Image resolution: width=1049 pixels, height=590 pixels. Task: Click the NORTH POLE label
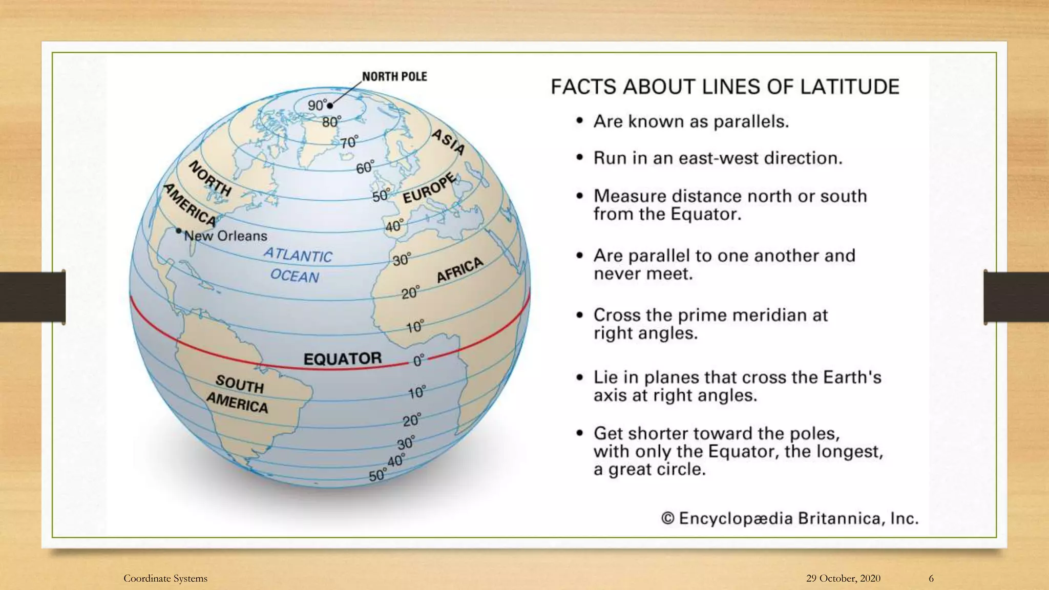(x=394, y=77)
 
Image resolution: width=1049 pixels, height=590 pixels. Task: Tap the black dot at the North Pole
(x=330, y=106)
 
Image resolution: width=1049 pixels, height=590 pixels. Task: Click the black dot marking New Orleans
(x=178, y=231)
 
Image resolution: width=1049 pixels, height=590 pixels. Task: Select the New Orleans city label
(x=226, y=236)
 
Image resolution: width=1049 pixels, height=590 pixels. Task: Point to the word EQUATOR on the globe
(x=342, y=359)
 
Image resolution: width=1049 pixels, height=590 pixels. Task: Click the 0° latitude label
(x=418, y=361)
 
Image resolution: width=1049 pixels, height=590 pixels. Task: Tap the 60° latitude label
(x=365, y=167)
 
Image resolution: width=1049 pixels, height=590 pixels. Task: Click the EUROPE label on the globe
(x=429, y=188)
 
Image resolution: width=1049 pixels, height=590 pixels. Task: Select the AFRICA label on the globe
(x=459, y=270)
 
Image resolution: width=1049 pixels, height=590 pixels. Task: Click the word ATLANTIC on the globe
(x=298, y=255)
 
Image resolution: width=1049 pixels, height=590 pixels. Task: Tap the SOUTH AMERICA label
(x=238, y=394)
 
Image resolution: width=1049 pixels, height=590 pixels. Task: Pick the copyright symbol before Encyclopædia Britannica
(x=667, y=518)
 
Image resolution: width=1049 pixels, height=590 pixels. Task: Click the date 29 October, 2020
(x=843, y=578)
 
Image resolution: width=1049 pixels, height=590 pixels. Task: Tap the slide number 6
(x=931, y=578)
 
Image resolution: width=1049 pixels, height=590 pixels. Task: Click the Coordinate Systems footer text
(x=165, y=578)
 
